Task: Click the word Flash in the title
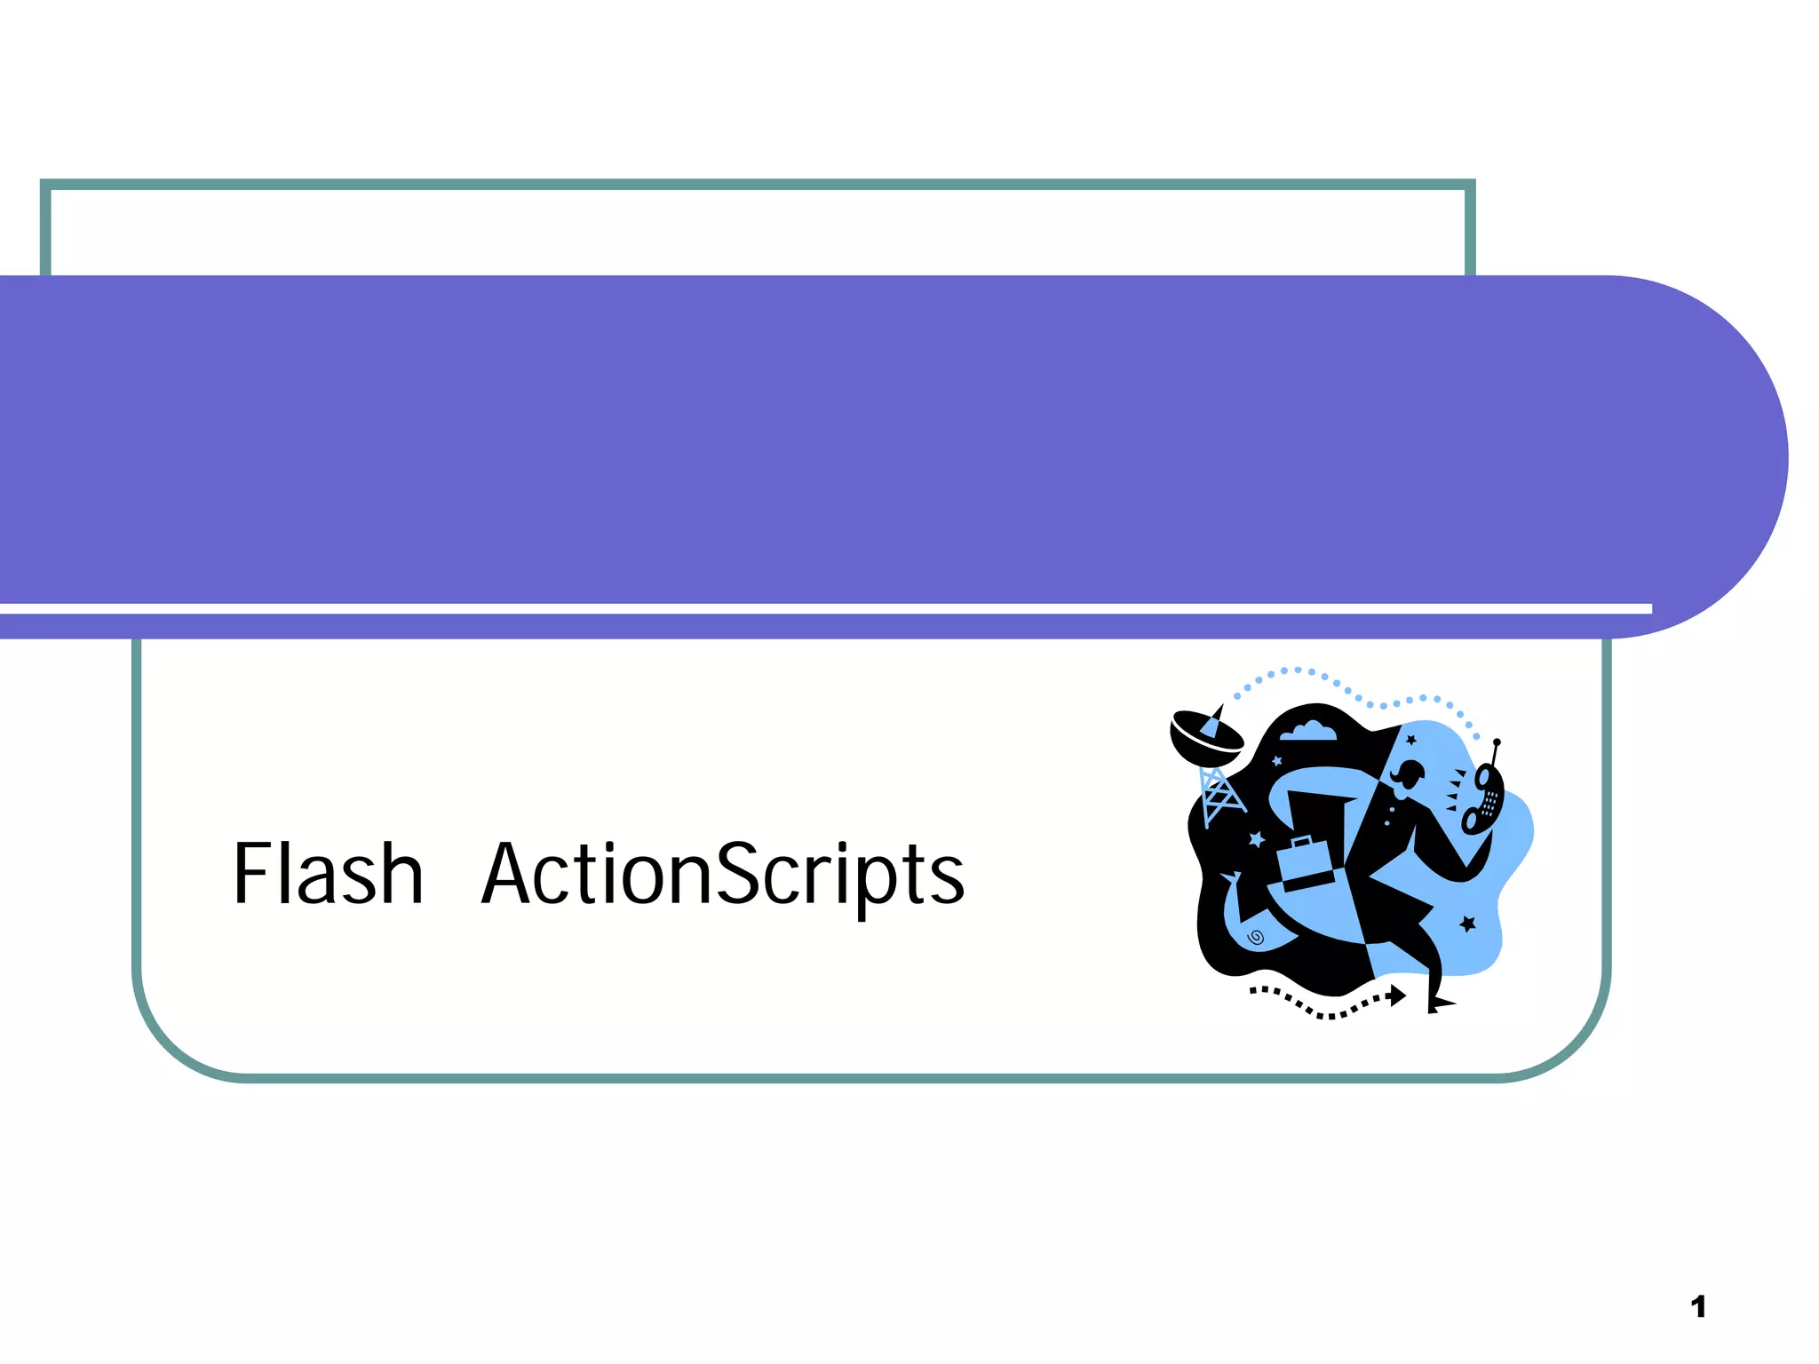[x=328, y=874]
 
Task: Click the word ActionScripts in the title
[x=723, y=876]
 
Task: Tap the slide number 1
[x=1698, y=1307]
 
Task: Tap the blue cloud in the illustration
[x=1307, y=731]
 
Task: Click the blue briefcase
[x=1304, y=864]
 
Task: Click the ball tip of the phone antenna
[x=1497, y=742]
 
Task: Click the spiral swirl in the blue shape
[x=1256, y=937]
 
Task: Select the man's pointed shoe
[x=1440, y=1004]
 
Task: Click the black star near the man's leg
[x=1467, y=924]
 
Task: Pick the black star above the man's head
[x=1410, y=740]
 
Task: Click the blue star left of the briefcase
[x=1256, y=838]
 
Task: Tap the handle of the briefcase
[x=1302, y=840]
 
